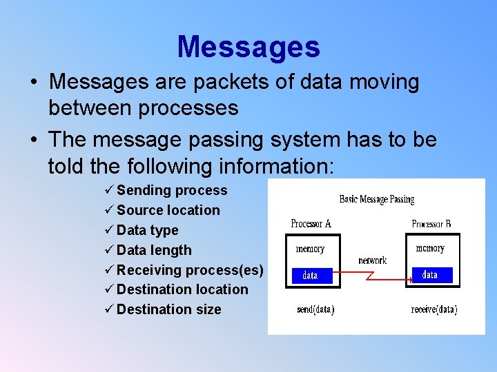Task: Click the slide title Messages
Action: pyautogui.click(x=248, y=48)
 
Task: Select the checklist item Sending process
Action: pyautogui.click(x=171, y=190)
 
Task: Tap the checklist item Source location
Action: pyautogui.click(x=168, y=210)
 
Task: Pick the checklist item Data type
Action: pyautogui.click(x=147, y=230)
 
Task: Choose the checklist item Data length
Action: pyautogui.click(x=154, y=250)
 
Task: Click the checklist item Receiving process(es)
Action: pyautogui.click(x=190, y=270)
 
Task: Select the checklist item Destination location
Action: pyautogui.click(x=182, y=289)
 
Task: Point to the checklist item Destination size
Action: pyautogui.click(x=169, y=309)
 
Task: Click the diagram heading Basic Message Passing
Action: pyautogui.click(x=376, y=200)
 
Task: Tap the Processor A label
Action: pyautogui.click(x=311, y=223)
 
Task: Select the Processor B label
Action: pyautogui.click(x=431, y=224)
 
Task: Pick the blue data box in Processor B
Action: pyautogui.click(x=430, y=275)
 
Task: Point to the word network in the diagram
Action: pyautogui.click(x=372, y=260)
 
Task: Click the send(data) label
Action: pyautogui.click(x=315, y=310)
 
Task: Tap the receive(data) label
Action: pyautogui.click(x=433, y=310)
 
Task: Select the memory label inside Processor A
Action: pyautogui.click(x=310, y=249)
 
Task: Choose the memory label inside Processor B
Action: pyautogui.click(x=430, y=248)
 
